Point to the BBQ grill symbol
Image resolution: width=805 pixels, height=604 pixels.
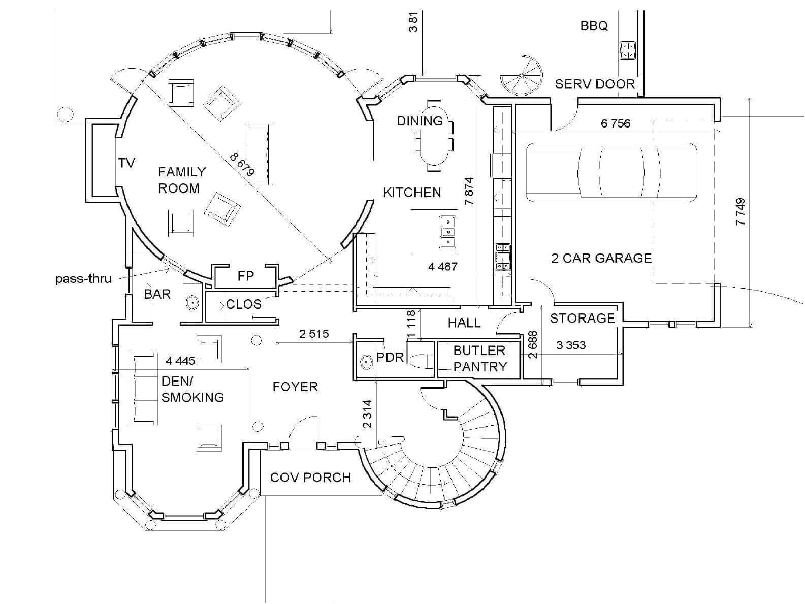[628, 50]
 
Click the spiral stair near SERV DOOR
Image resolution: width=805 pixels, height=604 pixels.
[522, 76]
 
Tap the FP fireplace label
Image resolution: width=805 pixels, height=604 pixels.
[246, 276]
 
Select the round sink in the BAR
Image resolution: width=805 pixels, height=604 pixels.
[192, 303]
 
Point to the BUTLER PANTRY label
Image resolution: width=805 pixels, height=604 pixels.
[479, 359]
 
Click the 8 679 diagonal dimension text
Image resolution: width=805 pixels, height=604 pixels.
[242, 165]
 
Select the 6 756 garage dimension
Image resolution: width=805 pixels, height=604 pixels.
[616, 123]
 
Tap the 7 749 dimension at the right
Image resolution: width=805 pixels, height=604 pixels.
[740, 212]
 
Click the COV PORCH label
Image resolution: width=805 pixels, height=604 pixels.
[310, 478]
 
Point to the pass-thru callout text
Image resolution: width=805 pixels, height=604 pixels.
[83, 279]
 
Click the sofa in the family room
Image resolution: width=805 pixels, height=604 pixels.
[259, 153]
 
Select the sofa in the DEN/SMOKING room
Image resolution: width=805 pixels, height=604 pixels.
[144, 389]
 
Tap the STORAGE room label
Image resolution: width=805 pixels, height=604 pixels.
[582, 319]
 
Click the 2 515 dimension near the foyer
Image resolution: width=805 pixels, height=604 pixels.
[314, 334]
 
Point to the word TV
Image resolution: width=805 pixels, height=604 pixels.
[126, 163]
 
